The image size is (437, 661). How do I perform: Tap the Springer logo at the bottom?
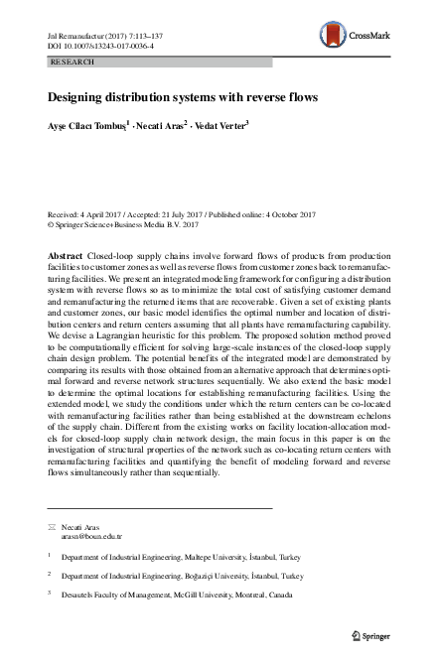pyautogui.click(x=374, y=632)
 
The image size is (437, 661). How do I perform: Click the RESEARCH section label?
pyautogui.click(x=71, y=62)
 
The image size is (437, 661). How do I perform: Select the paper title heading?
pyautogui.click(x=183, y=97)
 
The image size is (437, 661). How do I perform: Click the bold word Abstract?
pyautogui.click(x=65, y=256)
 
